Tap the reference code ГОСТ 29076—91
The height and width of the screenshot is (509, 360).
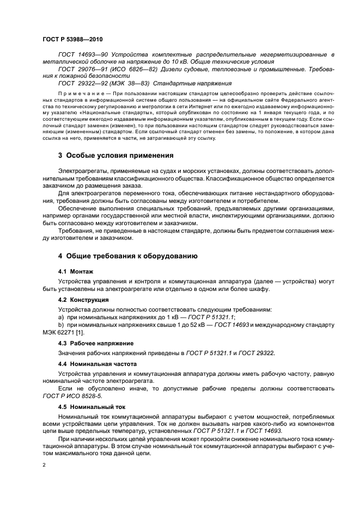click(x=80, y=70)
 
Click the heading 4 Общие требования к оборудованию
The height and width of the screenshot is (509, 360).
click(x=127, y=256)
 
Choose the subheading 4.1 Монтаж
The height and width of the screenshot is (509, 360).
click(x=75, y=271)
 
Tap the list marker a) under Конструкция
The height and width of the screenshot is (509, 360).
click(x=60, y=317)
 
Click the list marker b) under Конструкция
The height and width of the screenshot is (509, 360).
click(x=60, y=325)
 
